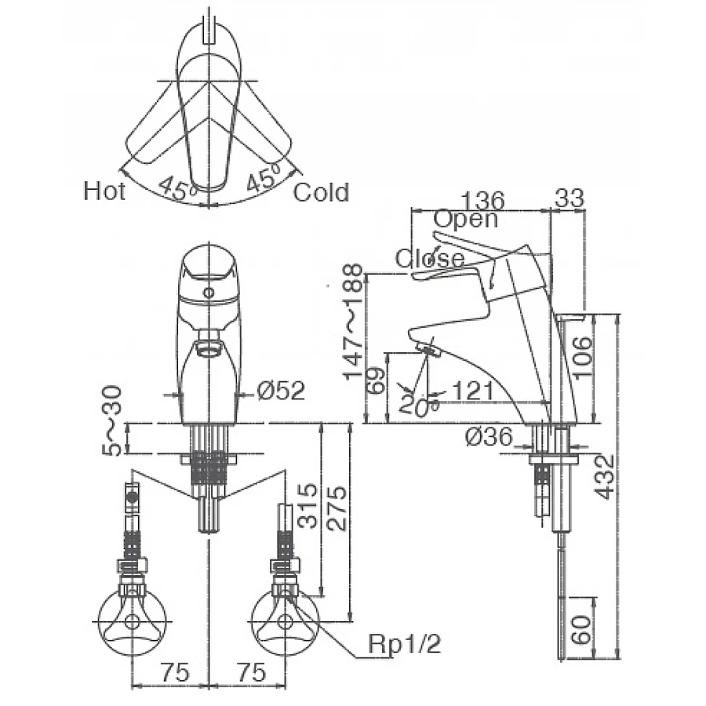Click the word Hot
104,191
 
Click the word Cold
321,192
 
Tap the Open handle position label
465,219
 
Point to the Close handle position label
429,258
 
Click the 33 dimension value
569,199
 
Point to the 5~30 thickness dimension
115,420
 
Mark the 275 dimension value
338,508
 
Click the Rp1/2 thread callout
405,645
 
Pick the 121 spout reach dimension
474,390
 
